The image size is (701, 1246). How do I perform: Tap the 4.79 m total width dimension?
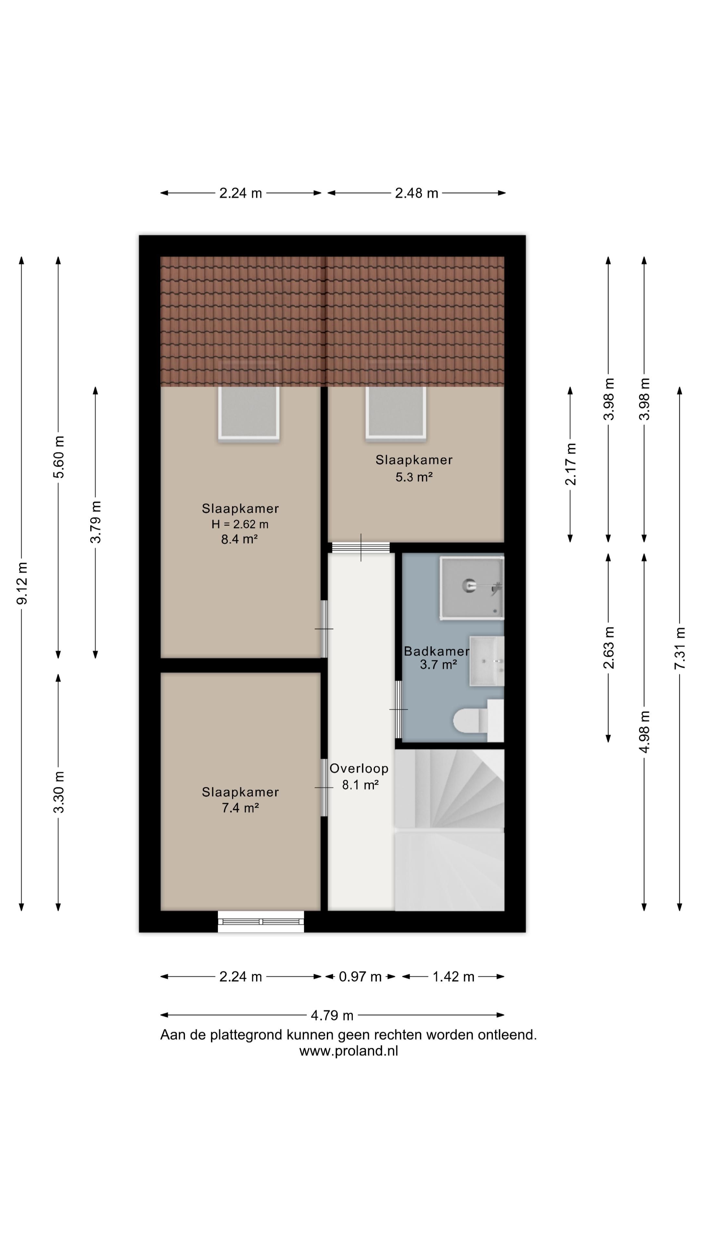[x=332, y=1016]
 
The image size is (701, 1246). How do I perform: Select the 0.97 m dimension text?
[x=360, y=977]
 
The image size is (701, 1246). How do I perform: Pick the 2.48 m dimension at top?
[x=416, y=193]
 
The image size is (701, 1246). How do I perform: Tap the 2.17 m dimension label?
[x=571, y=464]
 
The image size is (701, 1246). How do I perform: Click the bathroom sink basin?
[x=485, y=661]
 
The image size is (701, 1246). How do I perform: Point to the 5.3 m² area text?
[x=414, y=477]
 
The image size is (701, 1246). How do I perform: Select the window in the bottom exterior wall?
[x=261, y=922]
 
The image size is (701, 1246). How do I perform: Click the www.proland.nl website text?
[x=348, y=1051]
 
